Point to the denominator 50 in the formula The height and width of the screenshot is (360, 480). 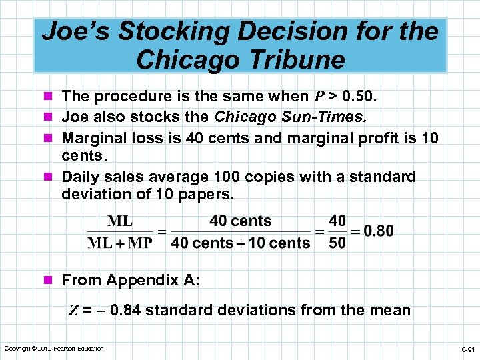337,243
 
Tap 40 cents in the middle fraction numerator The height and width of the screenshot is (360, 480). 241,221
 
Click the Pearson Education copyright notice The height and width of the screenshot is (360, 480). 54,349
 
